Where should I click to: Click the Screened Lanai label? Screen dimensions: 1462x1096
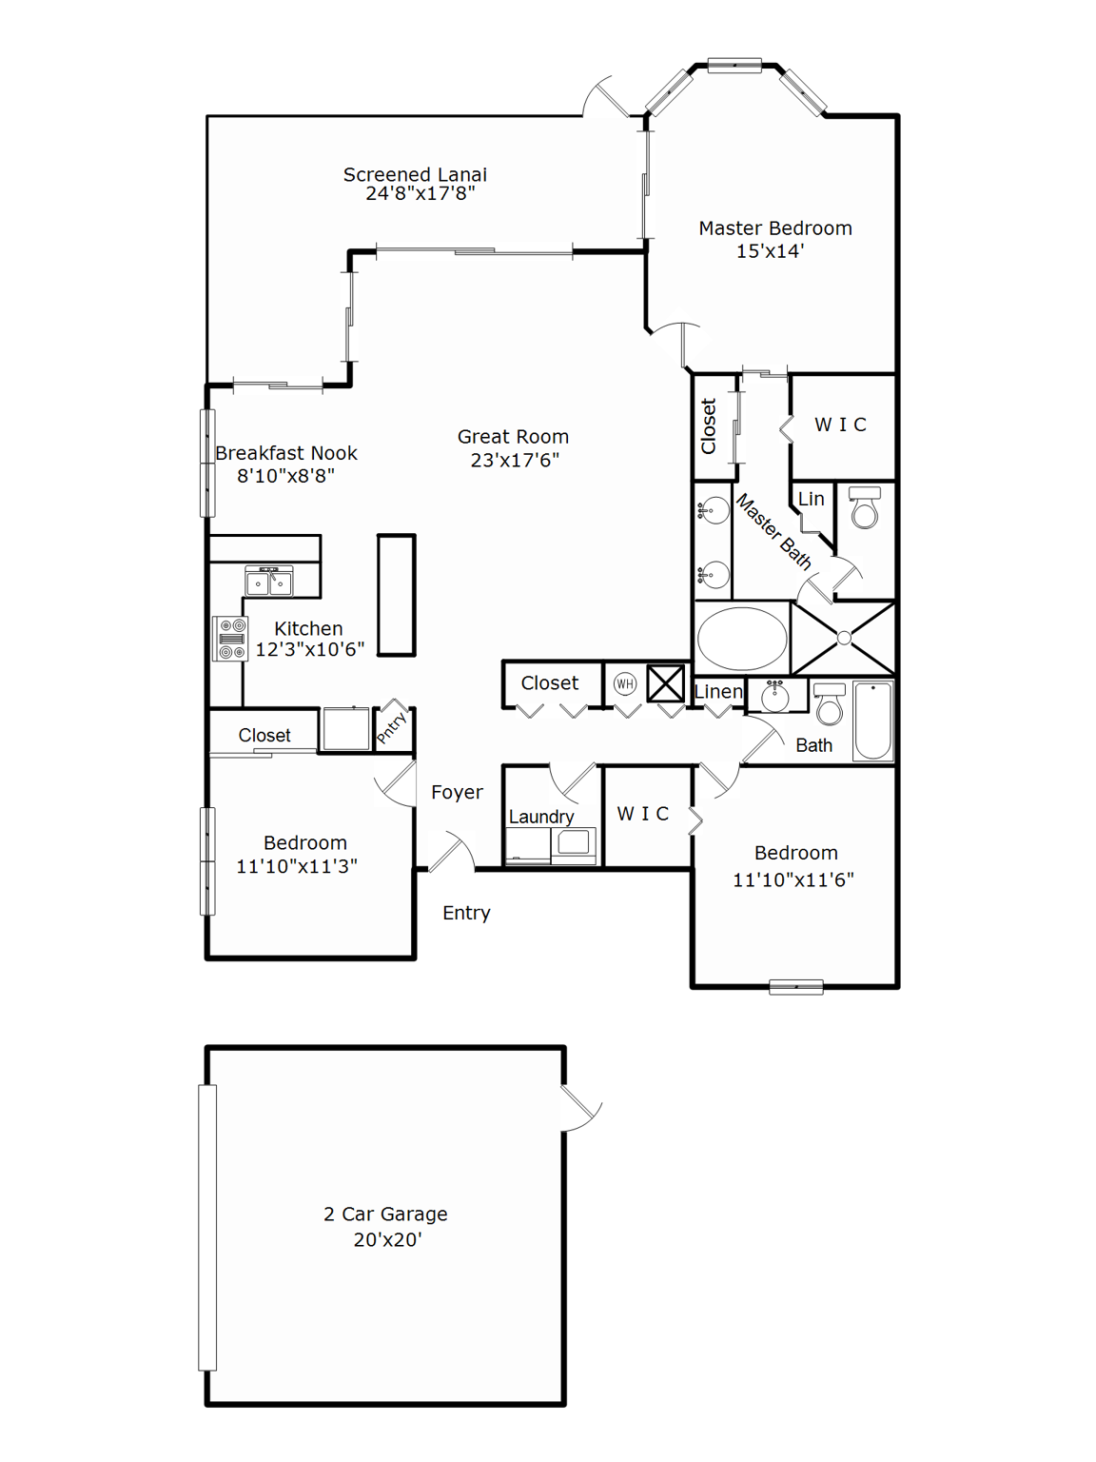pos(415,175)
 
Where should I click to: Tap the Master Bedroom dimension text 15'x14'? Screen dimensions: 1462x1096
pos(770,251)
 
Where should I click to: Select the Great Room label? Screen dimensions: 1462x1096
pos(513,437)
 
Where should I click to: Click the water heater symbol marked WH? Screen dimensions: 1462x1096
pos(625,683)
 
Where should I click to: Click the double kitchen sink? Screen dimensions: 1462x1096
pos(269,581)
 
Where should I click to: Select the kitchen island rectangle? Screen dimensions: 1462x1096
pos(397,595)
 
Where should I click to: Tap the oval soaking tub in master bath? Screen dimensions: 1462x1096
pos(742,639)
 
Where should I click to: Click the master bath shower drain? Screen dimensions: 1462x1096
pos(844,639)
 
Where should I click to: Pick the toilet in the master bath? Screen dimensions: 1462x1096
pos(865,508)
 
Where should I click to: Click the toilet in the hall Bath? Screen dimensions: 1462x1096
pos(830,703)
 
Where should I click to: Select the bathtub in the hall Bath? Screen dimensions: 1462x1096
pos(872,721)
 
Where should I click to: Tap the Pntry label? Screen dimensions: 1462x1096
pos(392,727)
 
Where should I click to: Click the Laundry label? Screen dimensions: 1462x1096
pos(541,817)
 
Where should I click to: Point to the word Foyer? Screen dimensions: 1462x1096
pos(457,792)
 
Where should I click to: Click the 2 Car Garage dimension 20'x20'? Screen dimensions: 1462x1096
pos(387,1239)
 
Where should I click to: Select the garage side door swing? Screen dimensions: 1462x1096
pos(580,1108)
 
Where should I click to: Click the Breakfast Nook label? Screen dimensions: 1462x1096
pos(286,453)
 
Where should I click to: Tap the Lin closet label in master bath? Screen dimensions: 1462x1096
pos(811,499)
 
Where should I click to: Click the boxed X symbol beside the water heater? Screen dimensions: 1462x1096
pos(666,683)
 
